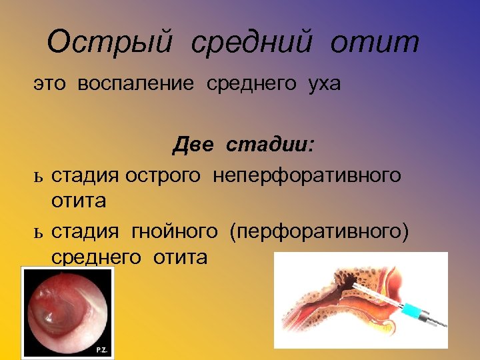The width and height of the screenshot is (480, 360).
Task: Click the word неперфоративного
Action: pyautogui.click(x=307, y=175)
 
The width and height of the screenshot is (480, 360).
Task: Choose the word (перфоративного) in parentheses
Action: pyautogui.click(x=319, y=231)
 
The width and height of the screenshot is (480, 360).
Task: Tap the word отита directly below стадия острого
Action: pyautogui.click(x=79, y=200)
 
